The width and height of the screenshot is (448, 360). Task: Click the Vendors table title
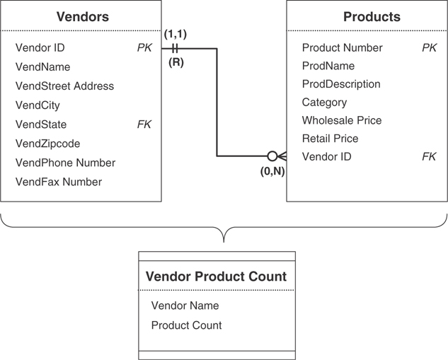pyautogui.click(x=82, y=16)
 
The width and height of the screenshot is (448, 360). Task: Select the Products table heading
pyautogui.click(x=372, y=16)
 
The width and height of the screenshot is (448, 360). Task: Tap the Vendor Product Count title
pyautogui.click(x=216, y=277)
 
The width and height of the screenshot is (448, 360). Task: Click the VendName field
pyautogui.click(x=42, y=67)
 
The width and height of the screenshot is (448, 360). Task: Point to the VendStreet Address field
pyautogui.click(x=64, y=86)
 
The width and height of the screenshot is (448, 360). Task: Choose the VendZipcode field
pyautogui.click(x=47, y=144)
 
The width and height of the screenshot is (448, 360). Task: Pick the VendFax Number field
pyautogui.click(x=59, y=182)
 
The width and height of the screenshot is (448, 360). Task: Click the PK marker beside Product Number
pyautogui.click(x=429, y=48)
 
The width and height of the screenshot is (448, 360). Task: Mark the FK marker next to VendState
pyautogui.click(x=144, y=124)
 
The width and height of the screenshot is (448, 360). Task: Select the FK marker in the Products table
pyautogui.click(x=429, y=157)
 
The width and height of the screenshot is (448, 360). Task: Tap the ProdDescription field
pyautogui.click(x=341, y=84)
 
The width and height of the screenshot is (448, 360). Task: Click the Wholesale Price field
pyautogui.click(x=342, y=120)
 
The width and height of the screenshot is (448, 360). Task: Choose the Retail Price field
pyautogui.click(x=330, y=139)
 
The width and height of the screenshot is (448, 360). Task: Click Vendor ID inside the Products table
pyautogui.click(x=326, y=157)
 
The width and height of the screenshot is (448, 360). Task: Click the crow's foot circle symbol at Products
pyautogui.click(x=272, y=156)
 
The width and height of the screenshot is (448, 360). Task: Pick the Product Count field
pyautogui.click(x=186, y=325)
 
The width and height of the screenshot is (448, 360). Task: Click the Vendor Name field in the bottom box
pyautogui.click(x=185, y=306)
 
